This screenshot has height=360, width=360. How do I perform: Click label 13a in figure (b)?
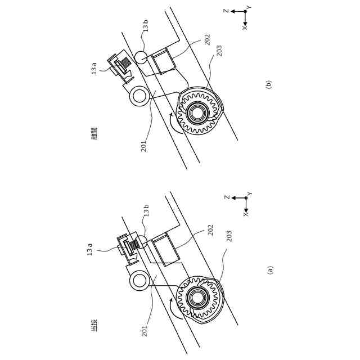94,68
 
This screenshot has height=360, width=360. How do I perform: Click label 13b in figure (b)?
145,26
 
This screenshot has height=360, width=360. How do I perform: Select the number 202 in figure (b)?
207,39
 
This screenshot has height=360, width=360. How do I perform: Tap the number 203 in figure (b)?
219,51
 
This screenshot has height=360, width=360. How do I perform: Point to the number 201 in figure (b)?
143,146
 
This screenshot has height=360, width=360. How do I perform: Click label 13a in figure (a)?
89,249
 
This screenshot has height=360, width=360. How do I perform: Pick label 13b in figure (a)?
146,210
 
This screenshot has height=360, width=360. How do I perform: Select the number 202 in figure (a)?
210,229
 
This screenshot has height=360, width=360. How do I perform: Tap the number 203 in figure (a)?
229,236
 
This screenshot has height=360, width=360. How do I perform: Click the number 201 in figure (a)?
144,330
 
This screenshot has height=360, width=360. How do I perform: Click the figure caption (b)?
268,85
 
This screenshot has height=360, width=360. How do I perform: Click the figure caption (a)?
270,270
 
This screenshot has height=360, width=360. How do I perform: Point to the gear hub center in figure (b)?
197,112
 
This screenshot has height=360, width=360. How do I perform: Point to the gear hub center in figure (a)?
197,298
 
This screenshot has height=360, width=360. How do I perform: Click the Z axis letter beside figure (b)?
226,11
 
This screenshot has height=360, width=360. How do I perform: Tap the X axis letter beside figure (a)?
245,214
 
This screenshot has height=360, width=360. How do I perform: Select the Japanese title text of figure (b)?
94,133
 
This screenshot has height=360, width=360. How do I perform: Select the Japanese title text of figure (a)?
94,325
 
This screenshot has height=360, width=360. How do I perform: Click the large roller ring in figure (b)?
139,95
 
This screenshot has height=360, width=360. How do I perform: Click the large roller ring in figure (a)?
139,280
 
